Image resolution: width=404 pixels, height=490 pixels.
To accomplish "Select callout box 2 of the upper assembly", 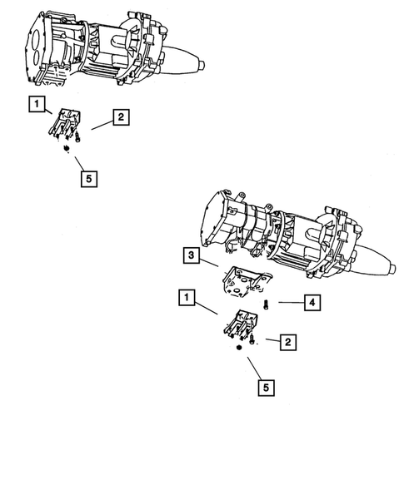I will click(121, 118).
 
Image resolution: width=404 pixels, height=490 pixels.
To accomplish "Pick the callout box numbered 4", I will click(310, 303).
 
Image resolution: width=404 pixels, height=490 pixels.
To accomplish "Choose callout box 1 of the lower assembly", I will click(186, 295).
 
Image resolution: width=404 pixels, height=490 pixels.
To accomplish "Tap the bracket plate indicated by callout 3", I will click(242, 283).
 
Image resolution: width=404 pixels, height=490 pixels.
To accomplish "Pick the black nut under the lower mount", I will click(238, 350).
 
